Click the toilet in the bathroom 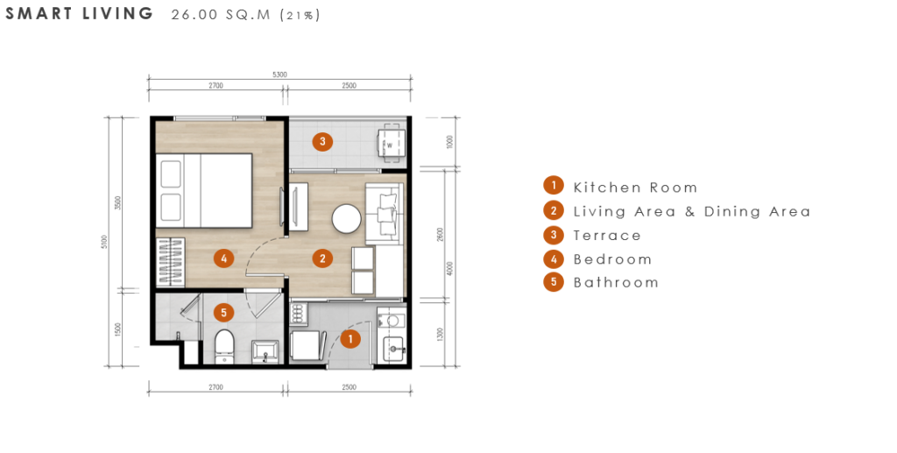(x=224, y=345)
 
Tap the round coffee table (x=347, y=219)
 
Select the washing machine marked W (x=391, y=142)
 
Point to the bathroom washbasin (x=265, y=351)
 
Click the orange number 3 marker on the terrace (x=322, y=141)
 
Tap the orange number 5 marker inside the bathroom (x=223, y=313)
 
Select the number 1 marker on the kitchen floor (x=350, y=338)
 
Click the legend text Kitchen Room (x=635, y=188)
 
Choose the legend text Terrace (x=607, y=236)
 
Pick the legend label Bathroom (x=616, y=282)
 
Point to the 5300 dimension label (x=279, y=74)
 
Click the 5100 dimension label (x=103, y=242)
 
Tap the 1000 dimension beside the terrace (x=449, y=142)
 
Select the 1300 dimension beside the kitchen (x=441, y=334)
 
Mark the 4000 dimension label (x=450, y=269)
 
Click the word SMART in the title (x=39, y=14)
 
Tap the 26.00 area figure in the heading (x=194, y=15)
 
